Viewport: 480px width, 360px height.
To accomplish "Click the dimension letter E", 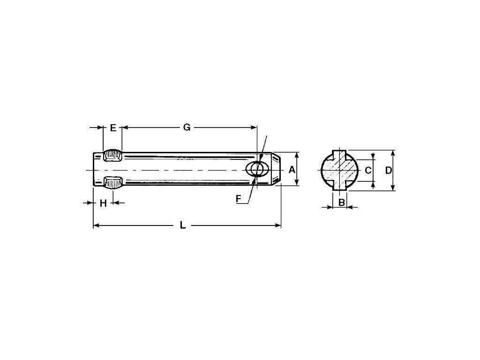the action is (113, 127).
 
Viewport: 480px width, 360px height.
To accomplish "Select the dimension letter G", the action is (187, 127).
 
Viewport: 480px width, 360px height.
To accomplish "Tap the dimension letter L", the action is (183, 225).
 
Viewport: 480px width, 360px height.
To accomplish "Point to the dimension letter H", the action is (103, 203).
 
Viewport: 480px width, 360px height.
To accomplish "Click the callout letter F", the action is (239, 199).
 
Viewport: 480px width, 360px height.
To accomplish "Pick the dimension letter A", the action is (292, 169).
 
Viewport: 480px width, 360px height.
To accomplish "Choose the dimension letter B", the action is (342, 202).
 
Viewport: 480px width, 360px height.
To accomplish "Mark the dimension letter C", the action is (368, 170).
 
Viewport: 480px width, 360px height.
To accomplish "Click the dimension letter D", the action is (388, 171).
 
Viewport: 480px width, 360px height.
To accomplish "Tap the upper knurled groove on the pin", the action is (113, 156).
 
